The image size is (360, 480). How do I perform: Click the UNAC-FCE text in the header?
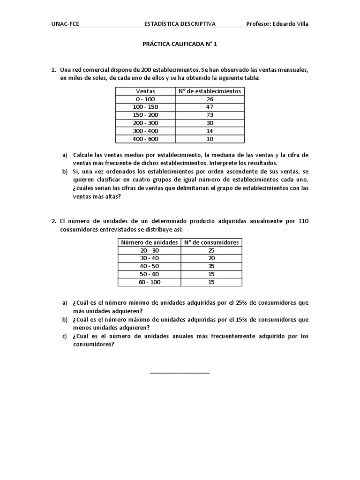click(65, 24)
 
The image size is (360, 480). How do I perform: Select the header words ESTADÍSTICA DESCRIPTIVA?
click(180, 24)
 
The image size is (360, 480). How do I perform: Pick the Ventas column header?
click(145, 91)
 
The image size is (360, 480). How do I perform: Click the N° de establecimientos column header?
click(210, 91)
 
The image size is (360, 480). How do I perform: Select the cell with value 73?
click(210, 115)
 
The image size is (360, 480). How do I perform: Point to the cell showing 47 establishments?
click(210, 107)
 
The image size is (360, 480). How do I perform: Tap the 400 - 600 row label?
click(145, 139)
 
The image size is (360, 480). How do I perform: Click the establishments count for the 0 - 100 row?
click(210, 99)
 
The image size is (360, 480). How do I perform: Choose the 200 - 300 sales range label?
click(145, 123)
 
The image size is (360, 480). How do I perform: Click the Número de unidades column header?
click(150, 242)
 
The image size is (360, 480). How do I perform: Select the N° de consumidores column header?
click(211, 242)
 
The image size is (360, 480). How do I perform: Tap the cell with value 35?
click(211, 266)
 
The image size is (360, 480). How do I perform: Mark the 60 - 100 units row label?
click(150, 282)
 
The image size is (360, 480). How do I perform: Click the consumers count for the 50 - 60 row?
click(211, 274)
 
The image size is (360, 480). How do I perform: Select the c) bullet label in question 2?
click(65, 336)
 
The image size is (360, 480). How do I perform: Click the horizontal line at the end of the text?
click(180, 373)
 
